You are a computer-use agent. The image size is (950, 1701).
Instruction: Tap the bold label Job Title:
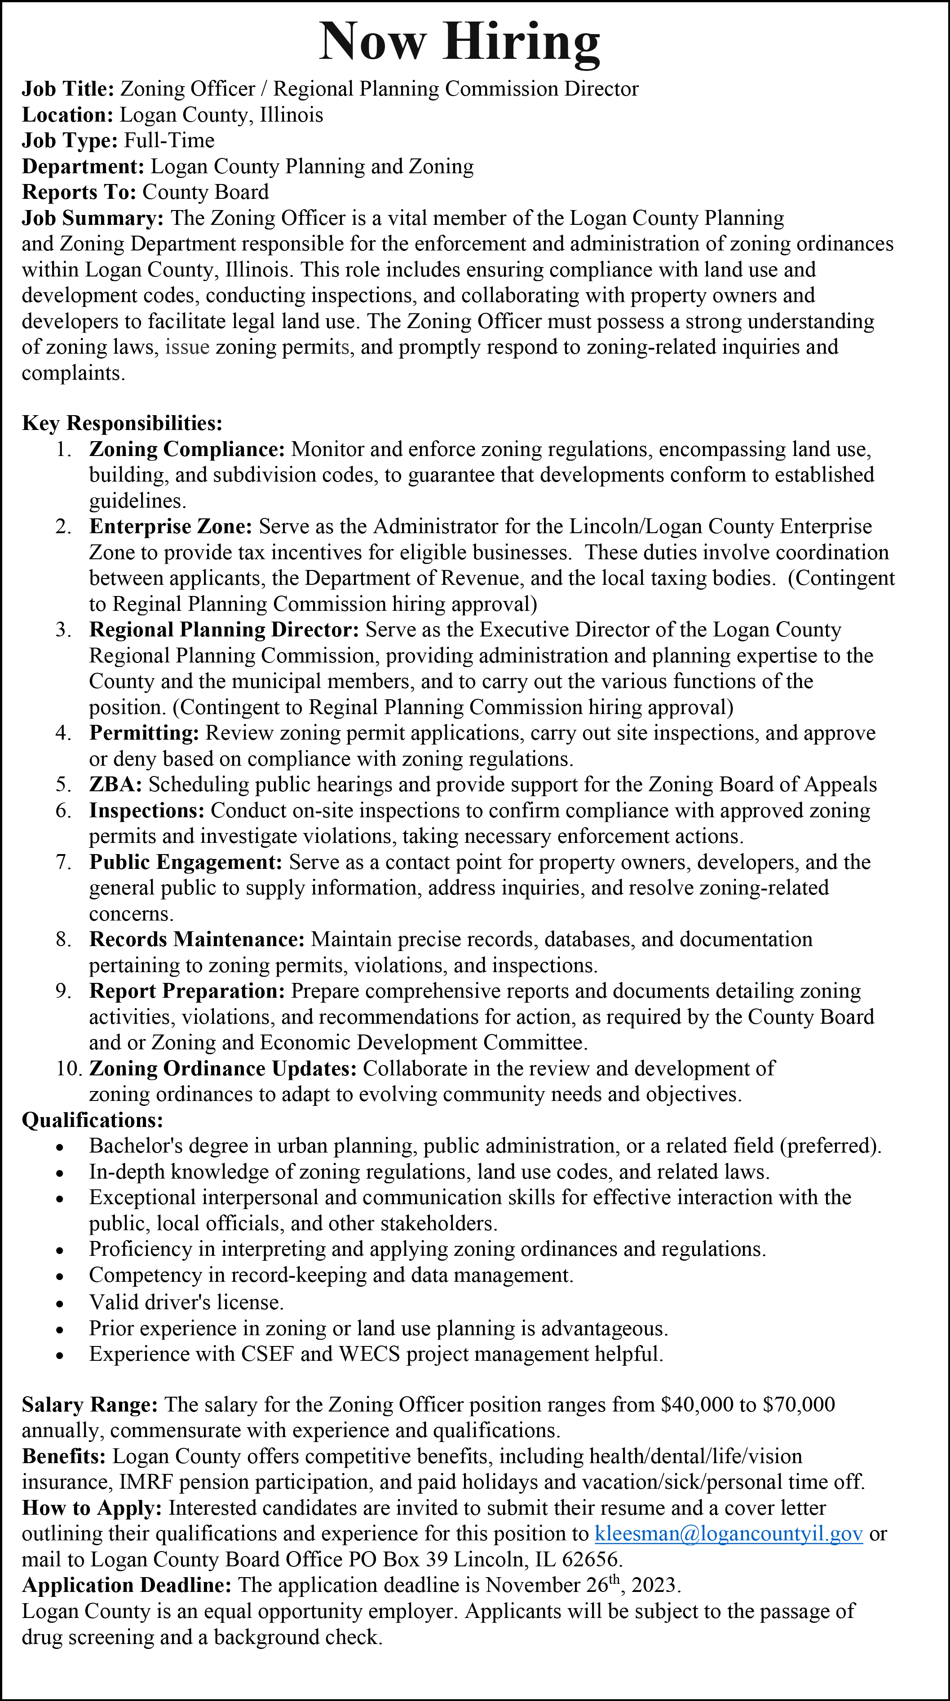[69, 88]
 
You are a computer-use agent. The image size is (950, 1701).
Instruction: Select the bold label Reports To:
[79, 192]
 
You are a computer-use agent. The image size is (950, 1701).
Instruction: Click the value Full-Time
[169, 140]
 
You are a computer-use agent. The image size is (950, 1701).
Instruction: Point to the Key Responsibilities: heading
[122, 423]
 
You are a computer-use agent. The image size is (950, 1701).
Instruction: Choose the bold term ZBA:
[115, 785]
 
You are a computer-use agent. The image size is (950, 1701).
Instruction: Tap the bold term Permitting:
[144, 733]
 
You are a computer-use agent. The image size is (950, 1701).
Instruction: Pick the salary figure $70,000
[798, 1404]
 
